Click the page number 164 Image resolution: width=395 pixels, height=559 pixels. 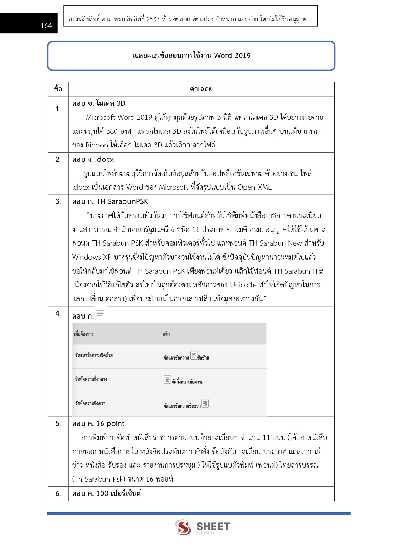point(46,26)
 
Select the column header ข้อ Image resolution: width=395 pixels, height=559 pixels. point(58,89)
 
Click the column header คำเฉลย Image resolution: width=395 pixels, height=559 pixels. point(201,89)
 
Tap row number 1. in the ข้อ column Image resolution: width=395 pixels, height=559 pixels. point(58,109)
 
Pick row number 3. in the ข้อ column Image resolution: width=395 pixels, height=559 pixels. point(58,201)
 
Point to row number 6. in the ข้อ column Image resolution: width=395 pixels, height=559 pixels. point(58,493)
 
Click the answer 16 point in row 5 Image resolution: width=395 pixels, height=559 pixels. point(110,423)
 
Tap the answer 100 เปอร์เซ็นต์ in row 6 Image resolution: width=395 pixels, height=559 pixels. point(118,493)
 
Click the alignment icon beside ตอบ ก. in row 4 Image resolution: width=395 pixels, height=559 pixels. point(100,313)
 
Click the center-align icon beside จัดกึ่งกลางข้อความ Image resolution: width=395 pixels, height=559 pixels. point(167,379)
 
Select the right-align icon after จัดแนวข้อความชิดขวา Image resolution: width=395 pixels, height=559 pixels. point(205,404)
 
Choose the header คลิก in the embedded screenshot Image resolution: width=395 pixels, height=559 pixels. point(166,334)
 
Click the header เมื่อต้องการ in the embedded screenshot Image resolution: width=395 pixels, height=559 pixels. point(84,334)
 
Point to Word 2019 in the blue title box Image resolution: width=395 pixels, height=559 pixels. point(232,55)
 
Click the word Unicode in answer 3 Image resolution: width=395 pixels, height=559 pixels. point(243,285)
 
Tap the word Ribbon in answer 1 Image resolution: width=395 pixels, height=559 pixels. point(97,145)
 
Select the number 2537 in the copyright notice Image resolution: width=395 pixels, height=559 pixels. point(153,19)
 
